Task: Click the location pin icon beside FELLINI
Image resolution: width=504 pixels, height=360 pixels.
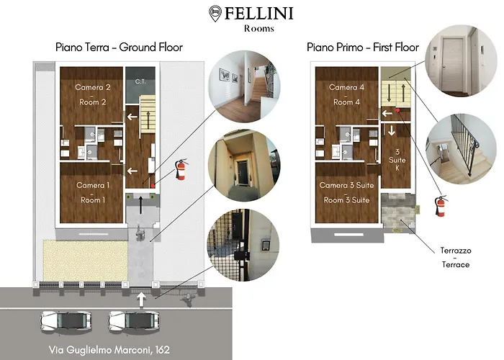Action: point(215,13)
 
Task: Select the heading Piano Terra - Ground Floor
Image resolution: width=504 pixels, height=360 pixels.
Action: point(119,48)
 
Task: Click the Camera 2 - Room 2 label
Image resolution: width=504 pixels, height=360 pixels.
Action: point(91,94)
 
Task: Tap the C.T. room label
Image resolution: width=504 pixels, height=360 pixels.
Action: point(140,82)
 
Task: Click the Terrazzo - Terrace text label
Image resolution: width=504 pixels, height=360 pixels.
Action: point(455,258)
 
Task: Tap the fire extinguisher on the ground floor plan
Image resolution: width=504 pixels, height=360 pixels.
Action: point(181,170)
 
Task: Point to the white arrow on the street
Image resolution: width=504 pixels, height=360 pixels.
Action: point(142,297)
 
